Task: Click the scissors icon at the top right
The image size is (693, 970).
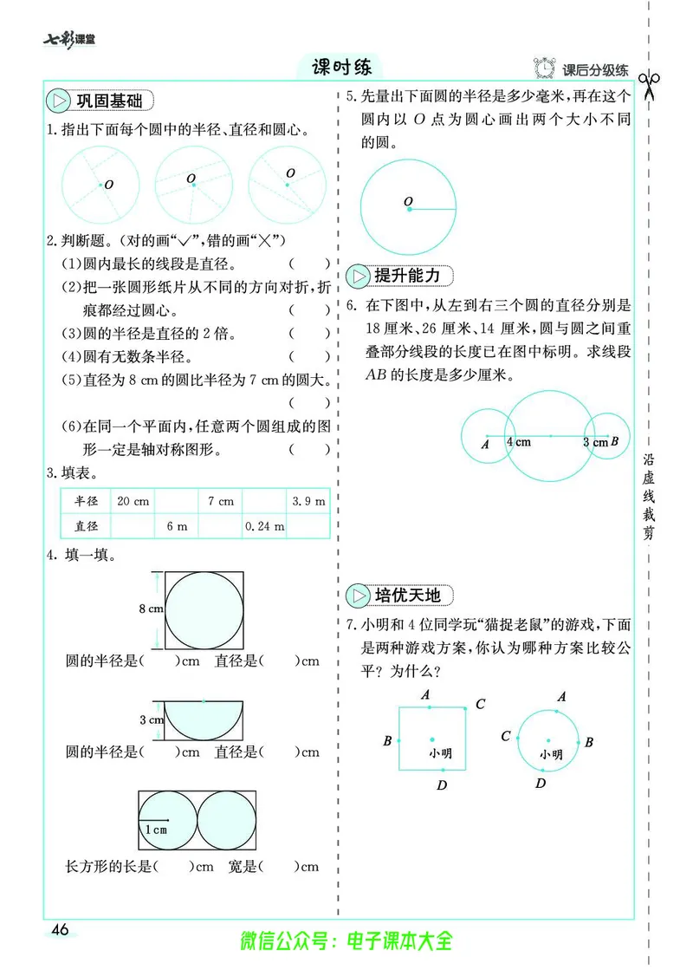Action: (x=649, y=85)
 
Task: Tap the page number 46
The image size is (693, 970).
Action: (x=60, y=930)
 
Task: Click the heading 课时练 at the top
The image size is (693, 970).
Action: (x=341, y=67)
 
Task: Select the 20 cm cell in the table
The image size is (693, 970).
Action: (x=133, y=501)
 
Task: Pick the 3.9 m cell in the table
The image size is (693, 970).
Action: (x=308, y=501)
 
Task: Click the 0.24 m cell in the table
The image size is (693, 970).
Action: (x=264, y=526)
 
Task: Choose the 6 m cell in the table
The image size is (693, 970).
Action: (x=177, y=526)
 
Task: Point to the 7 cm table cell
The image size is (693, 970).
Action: (x=220, y=501)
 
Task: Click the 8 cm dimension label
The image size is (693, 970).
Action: (x=151, y=609)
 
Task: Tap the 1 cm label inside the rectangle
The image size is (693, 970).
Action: (x=156, y=830)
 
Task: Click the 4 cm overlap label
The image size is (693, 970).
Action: (x=519, y=441)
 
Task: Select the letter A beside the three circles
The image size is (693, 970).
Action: (x=484, y=445)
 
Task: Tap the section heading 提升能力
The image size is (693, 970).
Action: (x=406, y=276)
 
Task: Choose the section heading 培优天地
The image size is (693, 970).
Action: (x=407, y=596)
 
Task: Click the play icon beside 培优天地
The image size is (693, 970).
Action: (x=357, y=596)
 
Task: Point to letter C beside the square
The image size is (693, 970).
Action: (x=480, y=704)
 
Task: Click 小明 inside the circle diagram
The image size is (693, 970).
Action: (x=551, y=754)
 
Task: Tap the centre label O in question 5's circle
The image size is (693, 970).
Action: (x=407, y=203)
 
